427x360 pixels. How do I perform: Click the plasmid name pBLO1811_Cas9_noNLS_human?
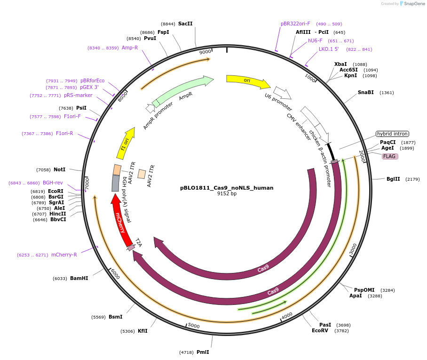pyautogui.click(x=227, y=187)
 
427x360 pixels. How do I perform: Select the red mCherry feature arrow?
pyautogui.click(x=121, y=221)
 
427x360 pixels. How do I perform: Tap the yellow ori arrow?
pyautogui.click(x=247, y=81)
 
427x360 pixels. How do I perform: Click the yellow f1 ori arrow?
pyautogui.click(x=125, y=143)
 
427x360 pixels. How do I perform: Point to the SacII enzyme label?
pyautogui.click(x=185, y=24)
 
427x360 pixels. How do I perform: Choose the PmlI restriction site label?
pyautogui.click(x=203, y=352)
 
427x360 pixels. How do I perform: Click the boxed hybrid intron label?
pyautogui.click(x=392, y=134)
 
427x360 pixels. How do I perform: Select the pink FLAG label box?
pyautogui.click(x=389, y=156)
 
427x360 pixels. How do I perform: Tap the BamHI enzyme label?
pyautogui.click(x=79, y=278)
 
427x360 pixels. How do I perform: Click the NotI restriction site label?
pyautogui.click(x=60, y=169)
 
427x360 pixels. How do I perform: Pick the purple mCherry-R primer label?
pyautogui.click(x=64, y=255)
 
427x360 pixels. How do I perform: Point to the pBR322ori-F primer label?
pyautogui.click(x=295, y=24)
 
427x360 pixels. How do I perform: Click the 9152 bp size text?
pyautogui.click(x=227, y=193)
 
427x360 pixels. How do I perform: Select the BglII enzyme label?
pyautogui.click(x=393, y=179)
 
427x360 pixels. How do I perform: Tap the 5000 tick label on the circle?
pyautogui.click(x=194, y=326)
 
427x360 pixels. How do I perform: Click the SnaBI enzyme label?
pyautogui.click(x=366, y=92)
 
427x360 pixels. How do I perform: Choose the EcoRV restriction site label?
pyautogui.click(x=320, y=330)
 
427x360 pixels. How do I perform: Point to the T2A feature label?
pyautogui.click(x=139, y=242)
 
